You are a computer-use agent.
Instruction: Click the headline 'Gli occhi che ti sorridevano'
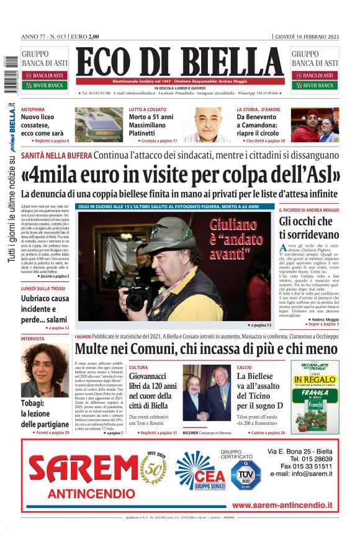pos(308,228)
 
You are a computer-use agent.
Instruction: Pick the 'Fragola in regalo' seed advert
pos(315,395)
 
